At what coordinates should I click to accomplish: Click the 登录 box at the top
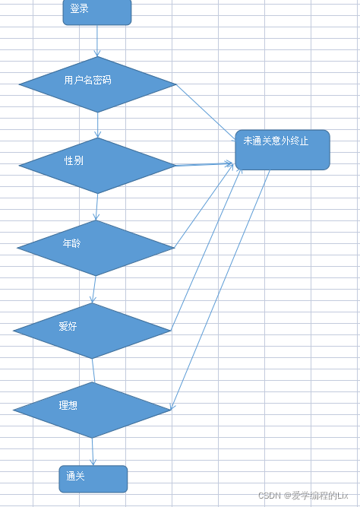click(x=96, y=11)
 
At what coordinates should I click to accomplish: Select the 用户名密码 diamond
click(x=97, y=84)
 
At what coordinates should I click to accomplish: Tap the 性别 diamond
click(x=97, y=165)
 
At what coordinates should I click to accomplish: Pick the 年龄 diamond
click(x=96, y=248)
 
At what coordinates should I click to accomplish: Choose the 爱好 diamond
click(x=92, y=331)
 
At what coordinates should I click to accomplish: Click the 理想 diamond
click(x=92, y=410)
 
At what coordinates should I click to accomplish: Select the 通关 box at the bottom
click(x=93, y=478)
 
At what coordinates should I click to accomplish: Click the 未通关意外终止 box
click(x=282, y=149)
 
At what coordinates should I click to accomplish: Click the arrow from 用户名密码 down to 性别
click(x=97, y=125)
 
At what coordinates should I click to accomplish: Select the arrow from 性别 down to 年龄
click(x=96, y=207)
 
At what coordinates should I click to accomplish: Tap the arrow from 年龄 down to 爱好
click(x=93, y=290)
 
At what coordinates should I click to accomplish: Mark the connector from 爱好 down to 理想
click(x=93, y=370)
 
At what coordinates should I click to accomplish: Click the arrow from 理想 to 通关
click(x=93, y=452)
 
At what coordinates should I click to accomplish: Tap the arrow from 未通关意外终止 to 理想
click(x=221, y=289)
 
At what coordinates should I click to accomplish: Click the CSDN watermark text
click(x=302, y=496)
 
